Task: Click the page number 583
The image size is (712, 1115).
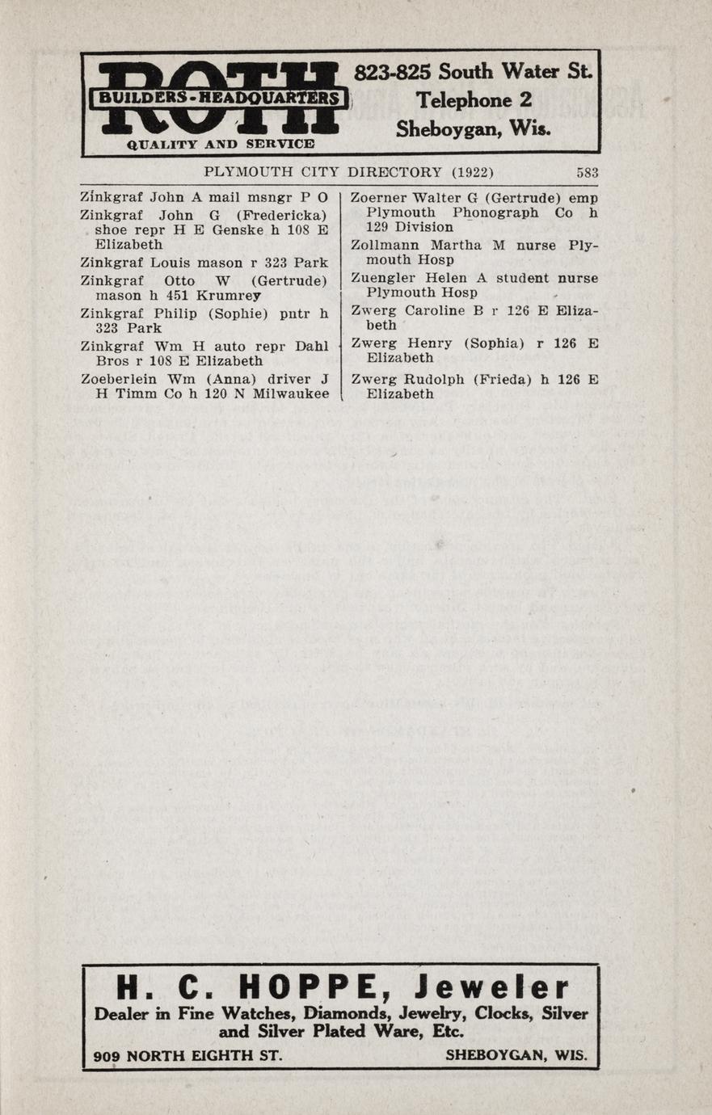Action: click(x=587, y=172)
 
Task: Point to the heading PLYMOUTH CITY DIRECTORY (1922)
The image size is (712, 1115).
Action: click(x=348, y=172)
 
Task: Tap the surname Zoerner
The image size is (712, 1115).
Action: click(x=377, y=198)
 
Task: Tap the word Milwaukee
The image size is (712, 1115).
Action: click(x=291, y=394)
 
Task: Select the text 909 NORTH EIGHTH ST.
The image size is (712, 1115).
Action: click(x=187, y=1056)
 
